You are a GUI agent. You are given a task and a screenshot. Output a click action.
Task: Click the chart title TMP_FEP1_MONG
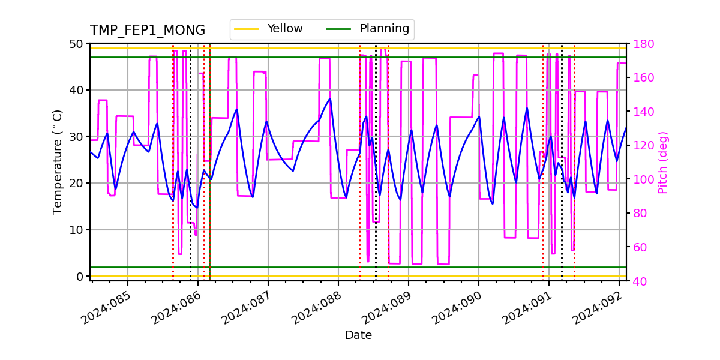click(x=148, y=31)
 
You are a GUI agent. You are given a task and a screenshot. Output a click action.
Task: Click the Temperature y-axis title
click(x=58, y=162)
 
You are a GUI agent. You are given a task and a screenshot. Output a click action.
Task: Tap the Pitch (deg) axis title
click(x=662, y=162)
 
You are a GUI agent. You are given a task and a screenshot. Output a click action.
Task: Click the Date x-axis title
click(x=358, y=335)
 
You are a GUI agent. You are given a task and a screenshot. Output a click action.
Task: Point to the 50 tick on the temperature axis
click(x=77, y=44)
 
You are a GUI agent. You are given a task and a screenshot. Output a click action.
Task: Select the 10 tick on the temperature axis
click(x=77, y=230)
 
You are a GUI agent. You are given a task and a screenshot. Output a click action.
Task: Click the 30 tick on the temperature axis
click(x=77, y=137)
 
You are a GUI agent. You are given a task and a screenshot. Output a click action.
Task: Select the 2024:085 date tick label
click(x=107, y=307)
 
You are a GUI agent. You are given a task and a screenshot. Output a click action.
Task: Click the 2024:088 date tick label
click(x=317, y=307)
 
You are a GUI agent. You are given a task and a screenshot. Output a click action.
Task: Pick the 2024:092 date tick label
click(x=598, y=307)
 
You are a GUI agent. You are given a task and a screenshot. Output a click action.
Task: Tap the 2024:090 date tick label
click(x=458, y=307)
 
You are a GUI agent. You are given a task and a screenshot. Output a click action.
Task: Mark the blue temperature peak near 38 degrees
click(x=329, y=99)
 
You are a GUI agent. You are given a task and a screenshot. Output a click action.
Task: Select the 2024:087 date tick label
click(x=247, y=307)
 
